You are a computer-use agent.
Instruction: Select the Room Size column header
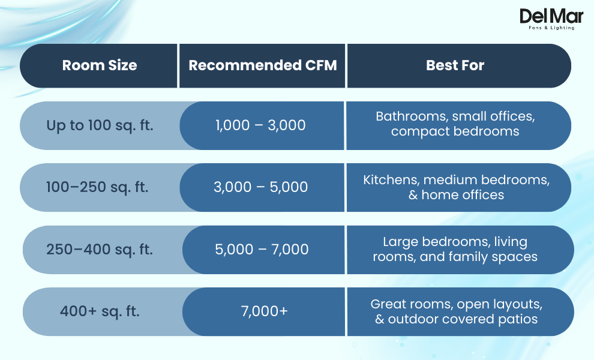tap(100, 65)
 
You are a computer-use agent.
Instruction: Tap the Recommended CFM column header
tap(262, 65)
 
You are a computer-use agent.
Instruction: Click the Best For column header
tap(455, 65)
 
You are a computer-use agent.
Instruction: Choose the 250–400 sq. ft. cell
tap(100, 249)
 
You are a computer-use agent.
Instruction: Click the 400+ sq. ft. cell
tap(100, 311)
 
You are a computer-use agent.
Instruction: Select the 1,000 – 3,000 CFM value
tap(260, 125)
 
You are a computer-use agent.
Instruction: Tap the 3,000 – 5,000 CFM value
tap(260, 187)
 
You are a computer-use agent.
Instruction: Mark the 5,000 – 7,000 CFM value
tap(262, 249)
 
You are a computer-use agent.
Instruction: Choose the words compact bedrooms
tap(455, 131)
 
